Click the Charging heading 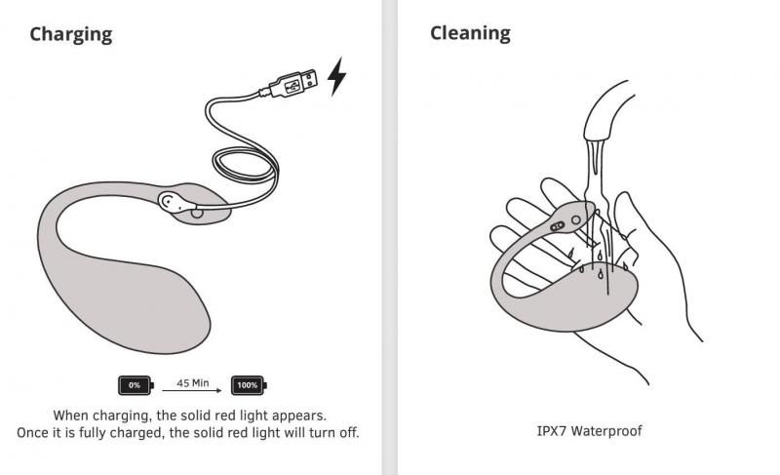tap(70, 34)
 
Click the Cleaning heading tap(470, 32)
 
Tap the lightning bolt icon tap(336, 77)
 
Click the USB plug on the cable tap(292, 86)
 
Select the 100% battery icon tap(248, 385)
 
